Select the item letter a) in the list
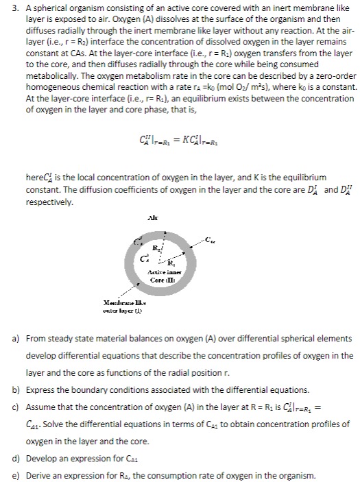pos(9,339)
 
